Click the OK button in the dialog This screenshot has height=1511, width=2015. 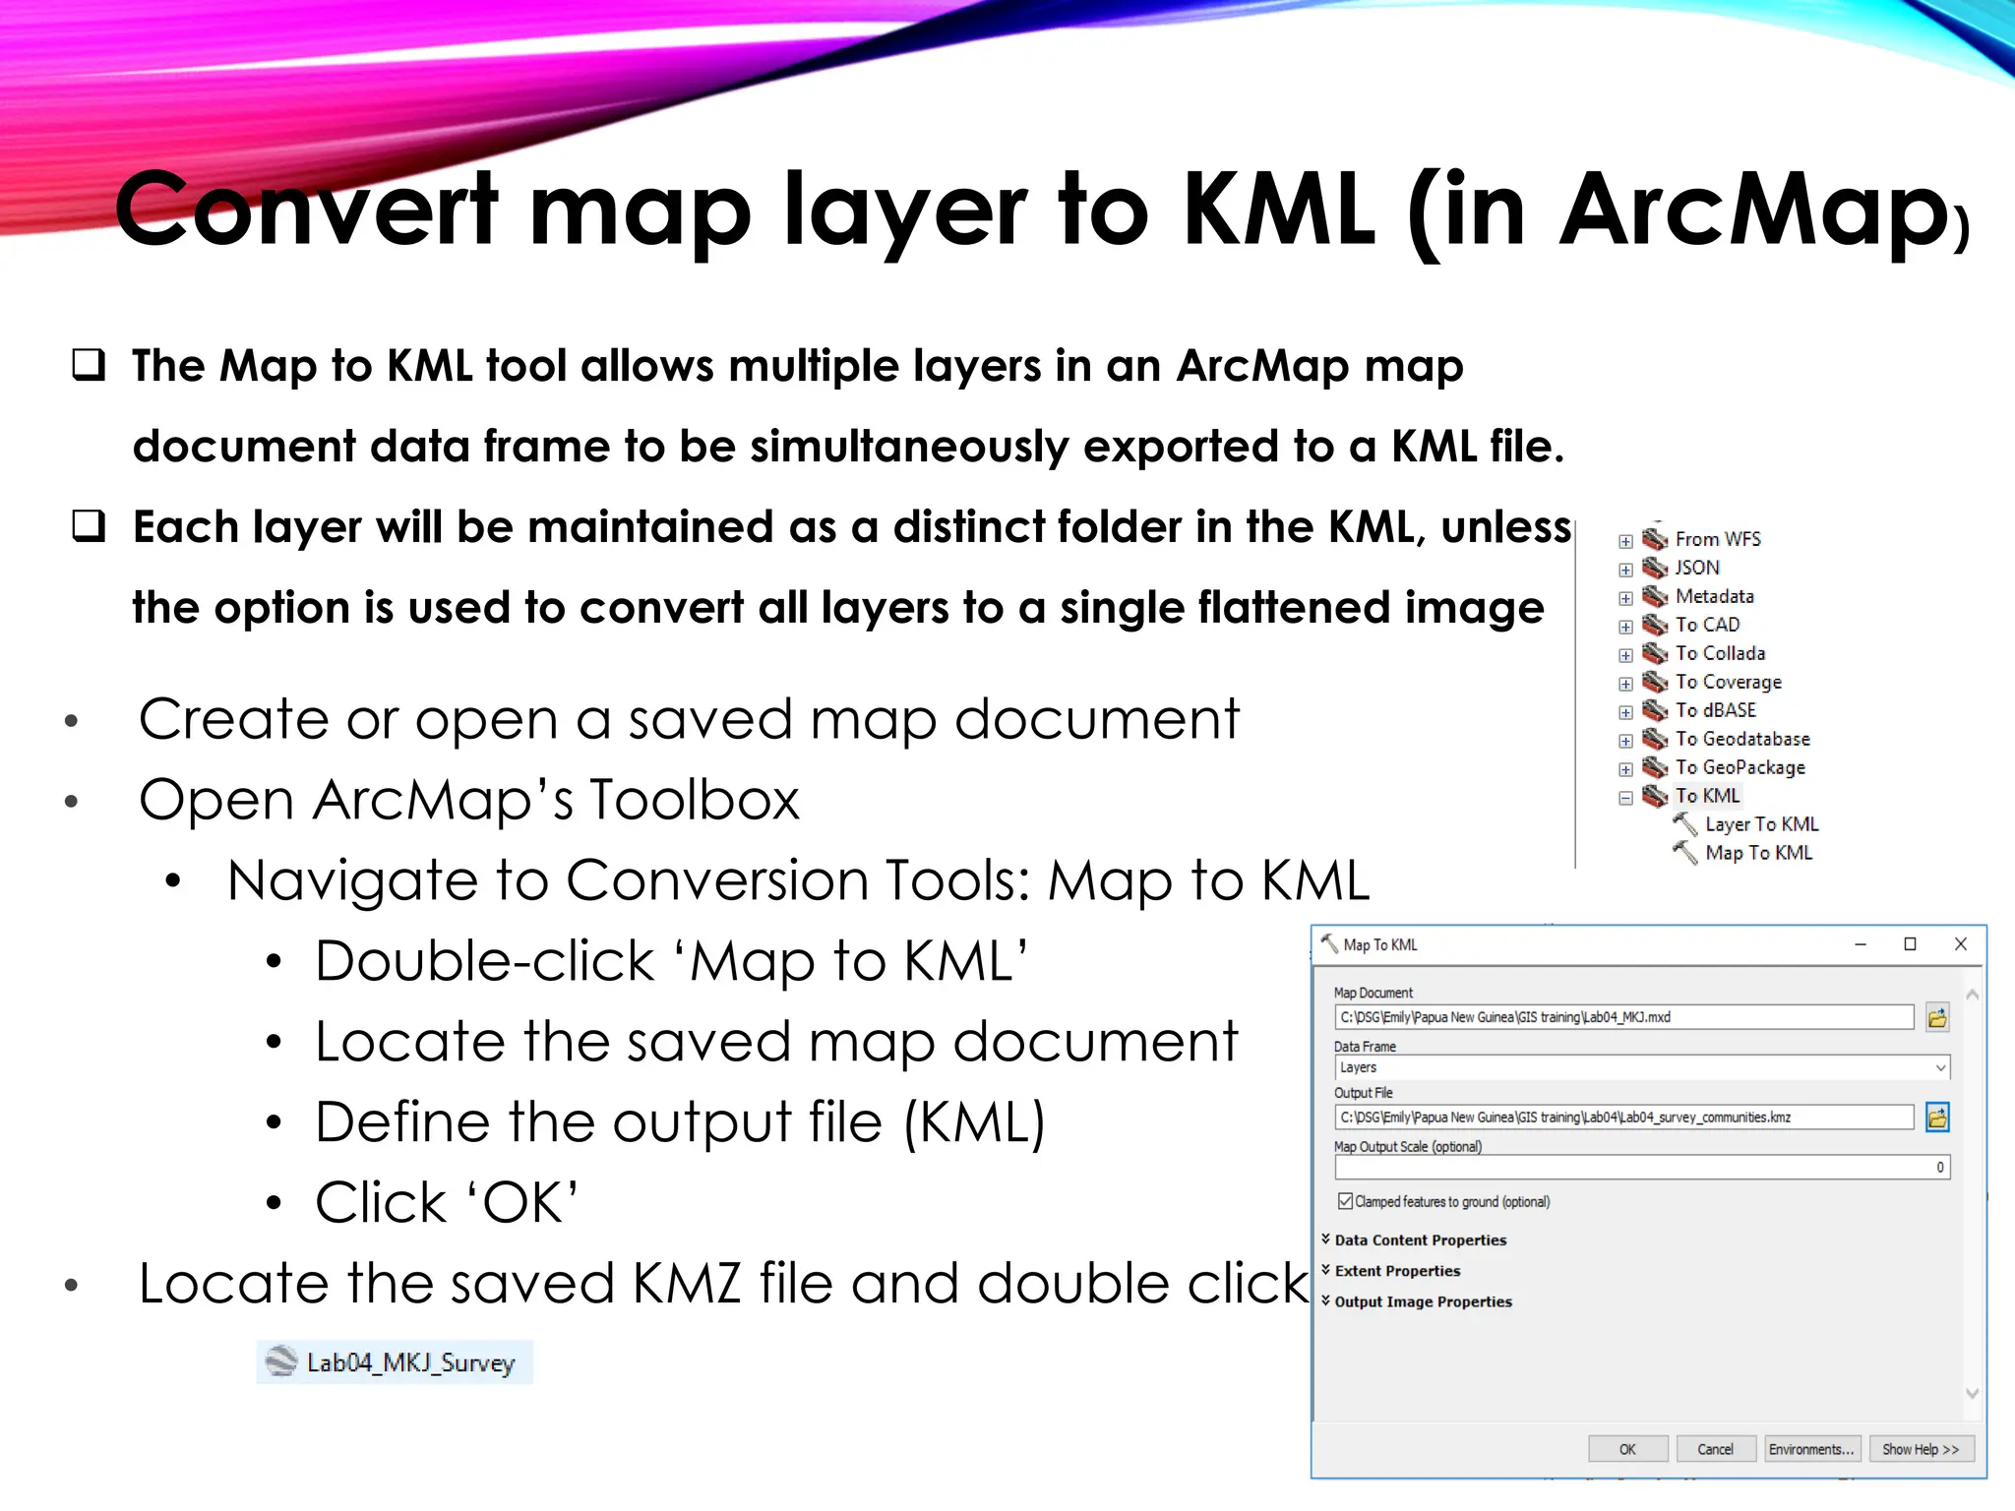coord(1627,1449)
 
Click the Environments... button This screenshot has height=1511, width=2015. coord(1810,1449)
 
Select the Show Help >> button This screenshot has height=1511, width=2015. coord(1921,1449)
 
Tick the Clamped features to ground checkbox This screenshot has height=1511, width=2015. coord(1345,1201)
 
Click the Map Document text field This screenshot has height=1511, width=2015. coord(1623,1017)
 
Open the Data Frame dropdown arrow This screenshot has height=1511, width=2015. coord(1940,1067)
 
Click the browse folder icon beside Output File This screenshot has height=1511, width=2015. coord(1937,1118)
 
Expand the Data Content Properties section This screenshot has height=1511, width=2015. coord(1420,1240)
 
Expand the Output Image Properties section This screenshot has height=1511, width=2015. coord(1423,1301)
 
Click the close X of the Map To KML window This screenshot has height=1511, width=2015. coord(1960,944)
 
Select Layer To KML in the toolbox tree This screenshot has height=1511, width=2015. coord(1761,824)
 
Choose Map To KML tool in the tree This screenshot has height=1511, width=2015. coord(1758,853)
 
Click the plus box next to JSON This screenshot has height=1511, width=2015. coord(1625,570)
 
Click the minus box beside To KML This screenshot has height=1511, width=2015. coord(1625,798)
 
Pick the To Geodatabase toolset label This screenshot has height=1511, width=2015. coord(1742,739)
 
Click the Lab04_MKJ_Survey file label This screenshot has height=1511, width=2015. coord(410,1362)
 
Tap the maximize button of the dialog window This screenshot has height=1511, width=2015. coord(1910,944)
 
